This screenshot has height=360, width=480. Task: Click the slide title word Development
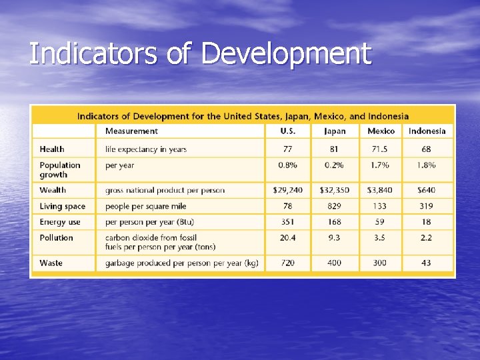285,54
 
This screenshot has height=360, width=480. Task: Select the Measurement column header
131,131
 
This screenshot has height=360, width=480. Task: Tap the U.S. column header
287,131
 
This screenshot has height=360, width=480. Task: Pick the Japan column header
335,131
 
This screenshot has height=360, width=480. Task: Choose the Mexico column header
381,131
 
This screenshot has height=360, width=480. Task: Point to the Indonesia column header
427,131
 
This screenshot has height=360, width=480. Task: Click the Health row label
52,149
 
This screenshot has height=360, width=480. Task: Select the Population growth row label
59,170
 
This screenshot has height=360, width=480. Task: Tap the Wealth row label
53,191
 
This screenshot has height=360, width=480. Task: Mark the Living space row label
62,207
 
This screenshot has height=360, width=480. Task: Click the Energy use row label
59,222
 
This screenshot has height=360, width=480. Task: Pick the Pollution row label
56,238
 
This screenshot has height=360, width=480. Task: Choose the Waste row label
51,263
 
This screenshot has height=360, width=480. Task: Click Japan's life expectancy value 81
335,149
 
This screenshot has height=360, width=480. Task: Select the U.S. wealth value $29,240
287,191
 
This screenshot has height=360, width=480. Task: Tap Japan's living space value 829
335,207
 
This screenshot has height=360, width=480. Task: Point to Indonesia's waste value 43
427,263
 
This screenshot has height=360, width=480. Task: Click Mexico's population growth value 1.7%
381,165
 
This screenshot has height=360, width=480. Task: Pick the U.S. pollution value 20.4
287,238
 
